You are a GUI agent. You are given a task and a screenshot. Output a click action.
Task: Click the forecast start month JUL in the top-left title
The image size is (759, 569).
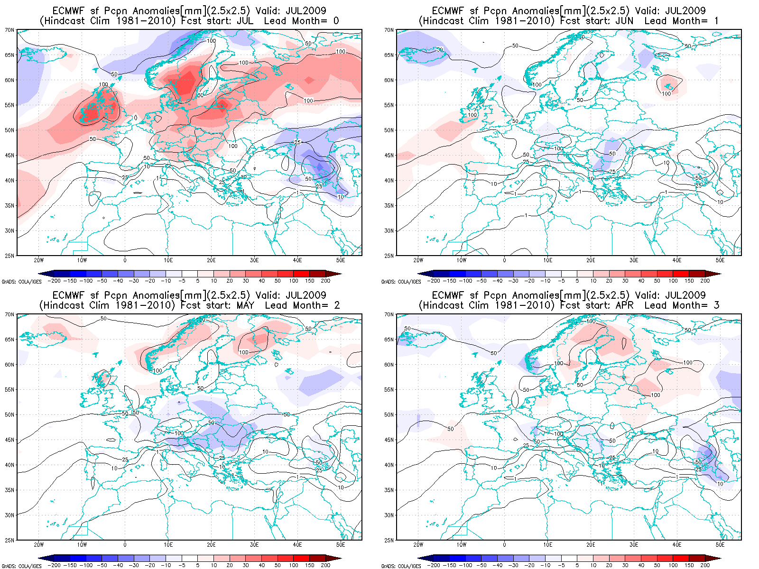click(x=244, y=21)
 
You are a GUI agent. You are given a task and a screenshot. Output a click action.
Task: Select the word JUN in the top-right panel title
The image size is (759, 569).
click(x=624, y=21)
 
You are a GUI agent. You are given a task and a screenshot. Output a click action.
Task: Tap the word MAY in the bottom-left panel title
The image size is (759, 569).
click(x=245, y=305)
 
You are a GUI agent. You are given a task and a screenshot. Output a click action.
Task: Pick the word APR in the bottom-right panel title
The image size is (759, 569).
click(x=624, y=305)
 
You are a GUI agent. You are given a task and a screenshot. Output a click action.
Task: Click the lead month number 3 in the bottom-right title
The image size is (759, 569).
click(x=716, y=305)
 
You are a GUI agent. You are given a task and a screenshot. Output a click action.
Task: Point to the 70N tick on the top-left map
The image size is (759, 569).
click(x=9, y=30)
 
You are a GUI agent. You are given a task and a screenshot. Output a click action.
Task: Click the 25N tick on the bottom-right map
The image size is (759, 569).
click(x=389, y=540)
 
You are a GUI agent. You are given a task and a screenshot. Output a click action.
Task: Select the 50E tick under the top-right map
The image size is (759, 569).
click(x=720, y=260)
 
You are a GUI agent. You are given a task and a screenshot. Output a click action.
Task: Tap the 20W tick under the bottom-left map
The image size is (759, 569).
click(x=38, y=545)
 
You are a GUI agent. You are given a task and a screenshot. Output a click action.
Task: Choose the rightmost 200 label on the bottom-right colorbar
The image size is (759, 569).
click(x=705, y=565)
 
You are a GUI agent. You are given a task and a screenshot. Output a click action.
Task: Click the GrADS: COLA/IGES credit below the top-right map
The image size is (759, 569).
click(x=401, y=282)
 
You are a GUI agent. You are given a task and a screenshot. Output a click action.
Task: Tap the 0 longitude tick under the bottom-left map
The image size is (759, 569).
click(x=125, y=545)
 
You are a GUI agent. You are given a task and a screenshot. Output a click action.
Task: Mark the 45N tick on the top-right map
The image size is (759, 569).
click(x=389, y=155)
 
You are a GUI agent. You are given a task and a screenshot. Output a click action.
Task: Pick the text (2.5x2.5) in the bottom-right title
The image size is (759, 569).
click(x=606, y=295)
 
